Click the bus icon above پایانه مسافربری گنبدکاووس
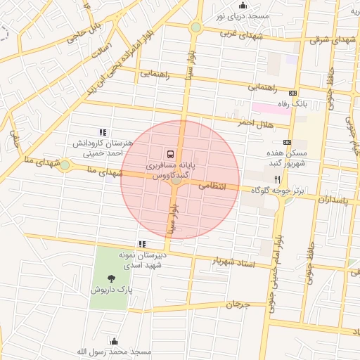(x=169, y=153)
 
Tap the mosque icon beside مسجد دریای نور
(x=243, y=6)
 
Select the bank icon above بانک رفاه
(x=293, y=93)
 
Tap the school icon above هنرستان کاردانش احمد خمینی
(x=103, y=131)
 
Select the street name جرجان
(x=238, y=304)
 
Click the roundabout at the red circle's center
(x=176, y=181)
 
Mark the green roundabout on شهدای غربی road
(x=196, y=27)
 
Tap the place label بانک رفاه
(x=293, y=104)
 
